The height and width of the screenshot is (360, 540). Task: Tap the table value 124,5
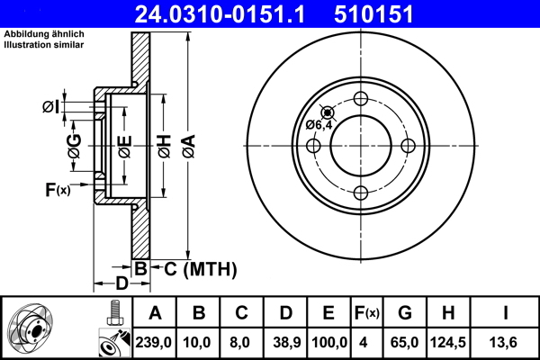click(446, 343)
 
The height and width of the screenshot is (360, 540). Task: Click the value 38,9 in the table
click(284, 343)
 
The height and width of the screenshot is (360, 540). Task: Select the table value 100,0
click(328, 343)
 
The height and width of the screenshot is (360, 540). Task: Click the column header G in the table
click(404, 313)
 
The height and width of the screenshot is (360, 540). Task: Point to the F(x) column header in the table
click(367, 313)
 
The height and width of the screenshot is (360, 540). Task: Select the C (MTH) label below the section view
click(194, 268)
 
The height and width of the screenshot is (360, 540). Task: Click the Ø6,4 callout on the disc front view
click(320, 124)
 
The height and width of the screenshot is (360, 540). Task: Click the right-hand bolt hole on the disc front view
click(408, 146)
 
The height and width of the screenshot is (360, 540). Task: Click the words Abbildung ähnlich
click(42, 35)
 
